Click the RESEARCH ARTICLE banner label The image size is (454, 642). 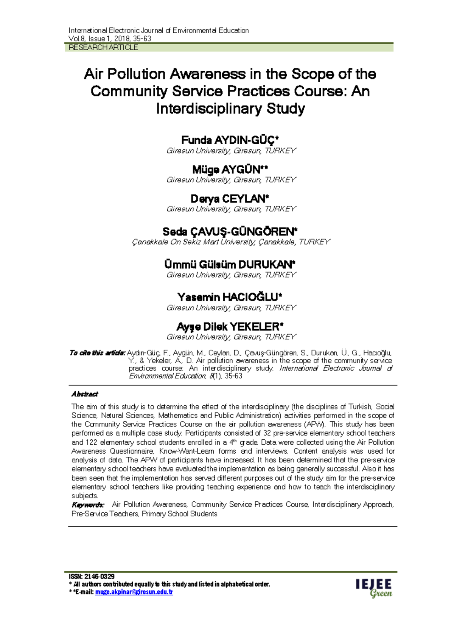103,48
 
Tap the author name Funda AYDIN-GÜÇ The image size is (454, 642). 230,140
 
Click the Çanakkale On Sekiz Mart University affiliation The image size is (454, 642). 231,242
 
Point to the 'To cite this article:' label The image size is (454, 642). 97,353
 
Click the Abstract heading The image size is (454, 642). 85,394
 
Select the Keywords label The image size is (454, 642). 88,505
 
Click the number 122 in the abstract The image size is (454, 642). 91,442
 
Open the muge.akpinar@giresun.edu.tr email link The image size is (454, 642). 134,592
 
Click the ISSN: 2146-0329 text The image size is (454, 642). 92,577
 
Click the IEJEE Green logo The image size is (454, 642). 374,588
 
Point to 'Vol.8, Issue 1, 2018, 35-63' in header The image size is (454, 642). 110,39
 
